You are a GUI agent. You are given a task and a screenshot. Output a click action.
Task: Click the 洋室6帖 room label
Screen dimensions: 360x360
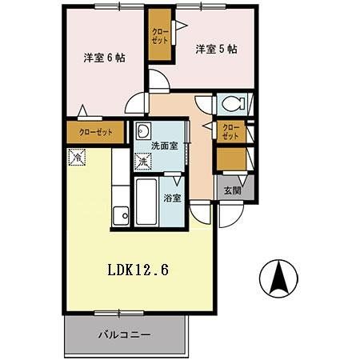103,58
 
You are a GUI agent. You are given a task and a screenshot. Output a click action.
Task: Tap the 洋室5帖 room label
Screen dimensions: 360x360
215,49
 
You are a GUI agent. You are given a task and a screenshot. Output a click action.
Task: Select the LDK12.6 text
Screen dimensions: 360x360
137,270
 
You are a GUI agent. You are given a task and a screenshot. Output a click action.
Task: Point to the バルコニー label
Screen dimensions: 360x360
125,334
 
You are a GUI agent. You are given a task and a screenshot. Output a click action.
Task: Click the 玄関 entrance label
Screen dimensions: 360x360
232,190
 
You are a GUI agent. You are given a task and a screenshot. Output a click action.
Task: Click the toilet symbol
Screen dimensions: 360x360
233,104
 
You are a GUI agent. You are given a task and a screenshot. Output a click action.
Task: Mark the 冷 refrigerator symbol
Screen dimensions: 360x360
77,158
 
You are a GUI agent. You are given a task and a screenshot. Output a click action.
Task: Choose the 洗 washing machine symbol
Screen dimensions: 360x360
142,163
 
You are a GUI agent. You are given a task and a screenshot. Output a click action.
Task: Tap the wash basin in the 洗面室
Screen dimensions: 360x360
143,132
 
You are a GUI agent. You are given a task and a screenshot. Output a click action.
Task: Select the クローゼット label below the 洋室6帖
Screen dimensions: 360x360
95,133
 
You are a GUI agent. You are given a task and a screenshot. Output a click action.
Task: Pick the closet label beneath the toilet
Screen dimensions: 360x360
230,132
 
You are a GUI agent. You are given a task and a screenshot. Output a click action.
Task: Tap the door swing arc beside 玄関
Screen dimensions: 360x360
226,214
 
